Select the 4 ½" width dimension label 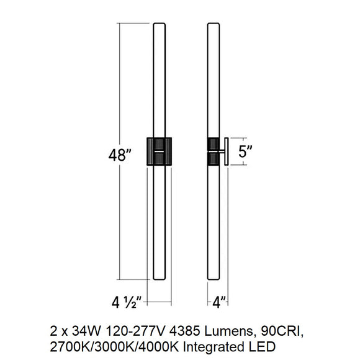127,305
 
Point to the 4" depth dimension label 216,305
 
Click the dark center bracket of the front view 159,151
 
